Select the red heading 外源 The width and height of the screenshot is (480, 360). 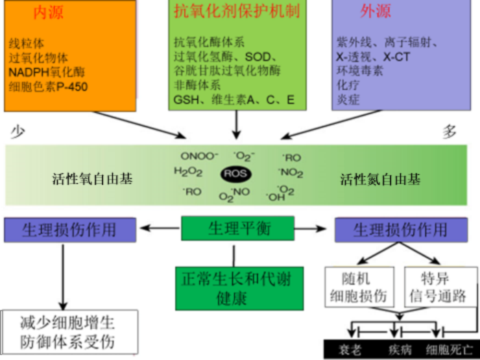click(376, 12)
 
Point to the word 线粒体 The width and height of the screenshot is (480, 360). click(25, 42)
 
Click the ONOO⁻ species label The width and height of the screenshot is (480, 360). click(199, 156)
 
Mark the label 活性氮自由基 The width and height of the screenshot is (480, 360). click(381, 180)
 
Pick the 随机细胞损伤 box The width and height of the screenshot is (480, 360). click(359, 286)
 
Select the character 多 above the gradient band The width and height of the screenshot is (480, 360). click(449, 132)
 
